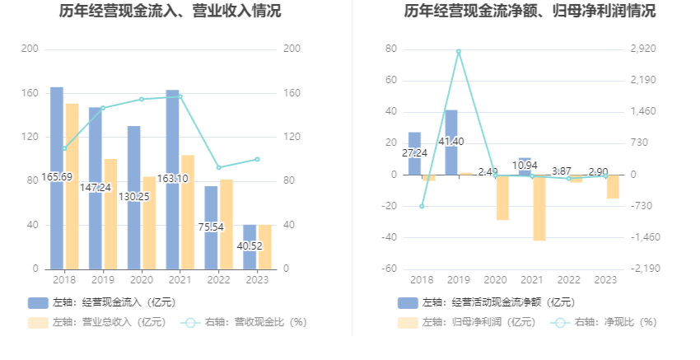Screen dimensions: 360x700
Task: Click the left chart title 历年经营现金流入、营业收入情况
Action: click(x=170, y=12)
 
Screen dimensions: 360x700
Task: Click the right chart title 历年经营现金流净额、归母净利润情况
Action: click(x=530, y=12)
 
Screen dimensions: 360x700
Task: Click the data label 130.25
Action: click(x=134, y=196)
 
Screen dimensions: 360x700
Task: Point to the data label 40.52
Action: click(x=250, y=245)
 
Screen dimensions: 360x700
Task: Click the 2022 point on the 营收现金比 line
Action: click(x=218, y=167)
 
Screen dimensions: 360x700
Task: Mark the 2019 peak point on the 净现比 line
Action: click(x=459, y=51)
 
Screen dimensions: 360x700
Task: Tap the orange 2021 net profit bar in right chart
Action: click(x=539, y=208)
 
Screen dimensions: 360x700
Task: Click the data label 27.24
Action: click(x=414, y=153)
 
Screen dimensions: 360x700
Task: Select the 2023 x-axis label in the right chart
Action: click(x=605, y=280)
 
